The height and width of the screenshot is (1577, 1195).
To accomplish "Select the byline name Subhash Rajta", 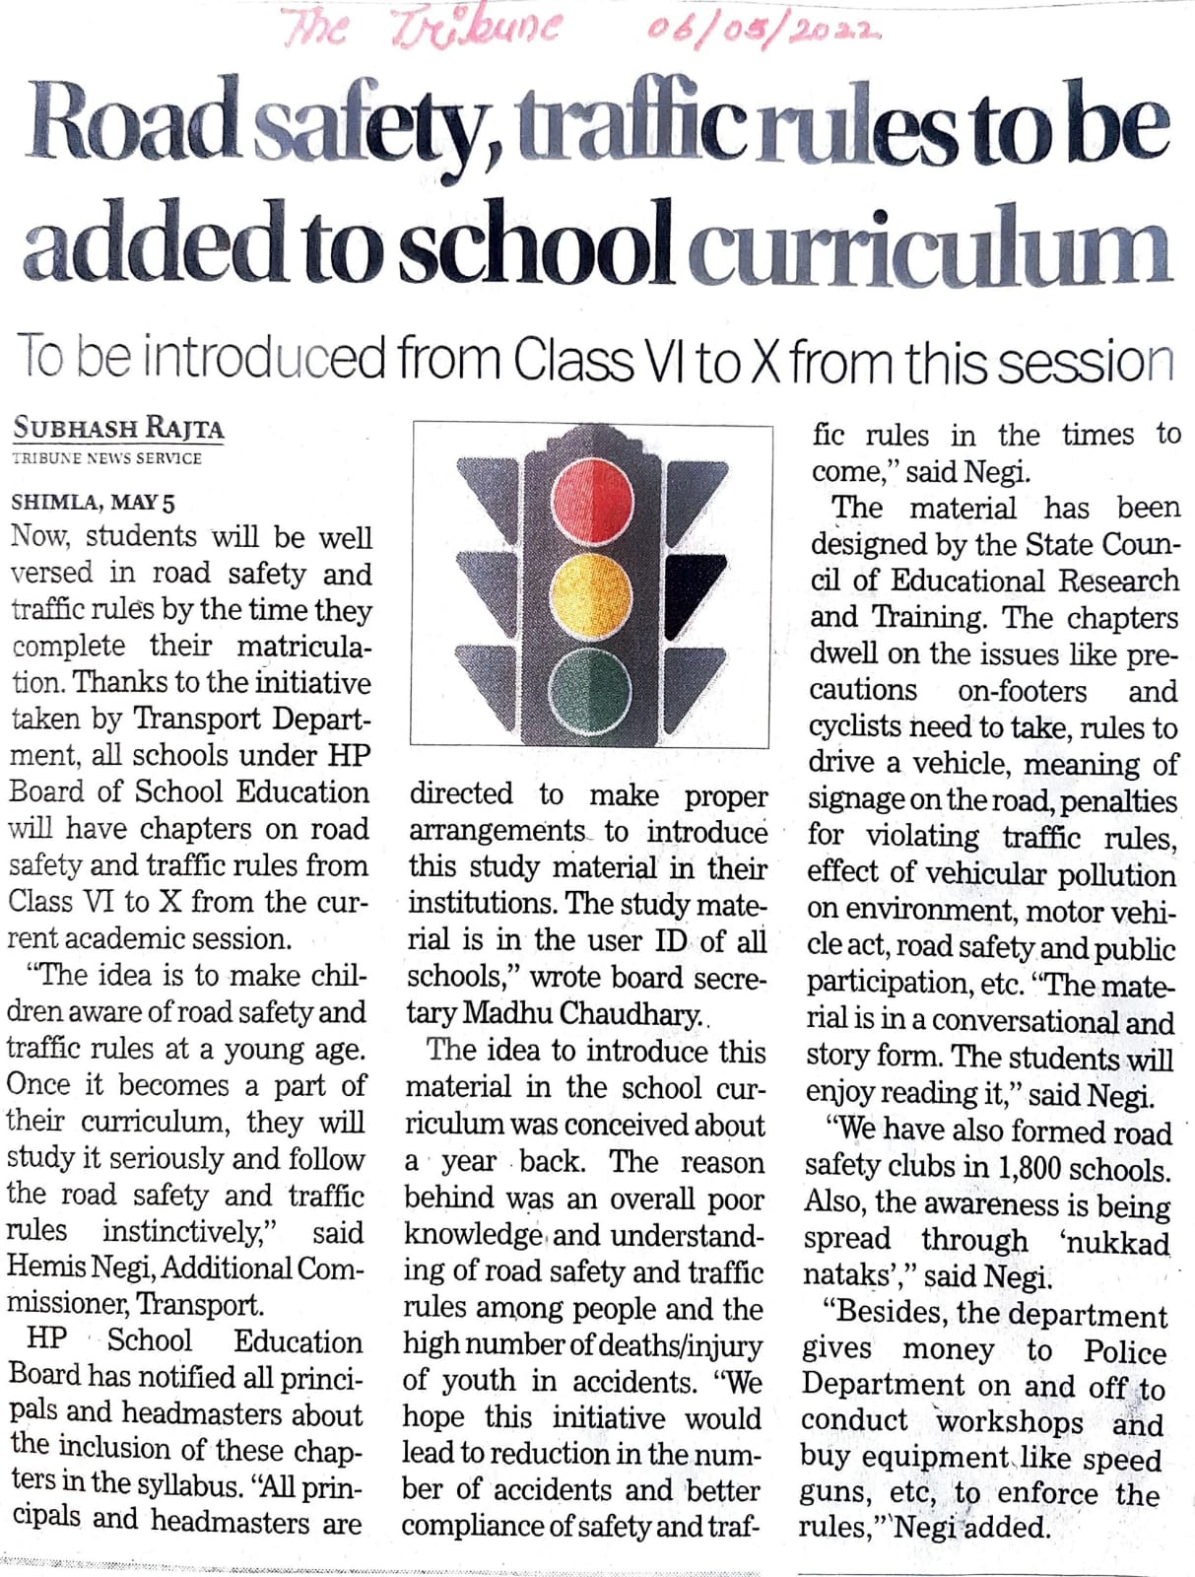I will tap(118, 429).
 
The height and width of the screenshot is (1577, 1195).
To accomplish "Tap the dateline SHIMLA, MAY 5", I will tap(93, 502).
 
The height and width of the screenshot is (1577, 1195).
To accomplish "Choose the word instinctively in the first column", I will tap(193, 1232).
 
